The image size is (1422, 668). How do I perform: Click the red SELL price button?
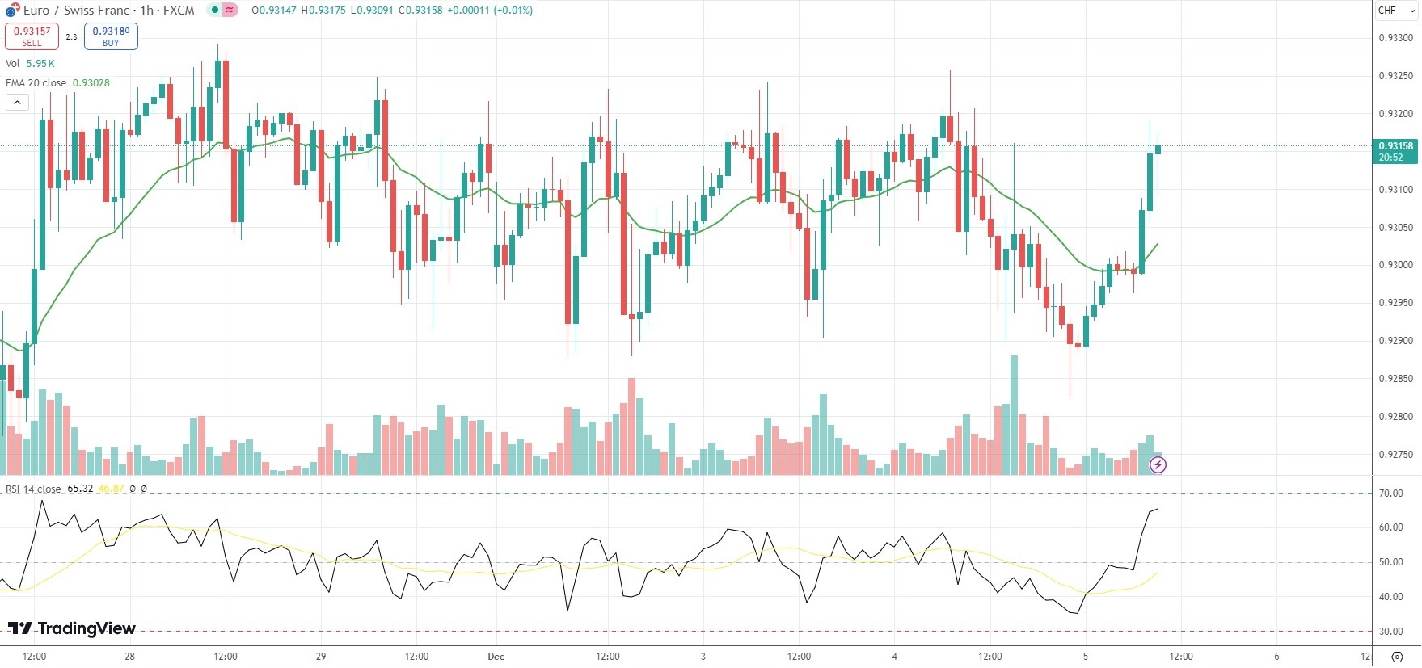pos(32,36)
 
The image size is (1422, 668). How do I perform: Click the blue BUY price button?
pos(111,36)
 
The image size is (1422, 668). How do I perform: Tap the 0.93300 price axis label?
pos(1395,38)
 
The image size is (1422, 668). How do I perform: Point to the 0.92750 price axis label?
pos(1395,455)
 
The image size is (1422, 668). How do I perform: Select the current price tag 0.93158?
pos(1395,146)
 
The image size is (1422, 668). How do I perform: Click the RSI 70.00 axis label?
pos(1390,494)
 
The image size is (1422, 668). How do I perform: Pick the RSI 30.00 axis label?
pos(1390,632)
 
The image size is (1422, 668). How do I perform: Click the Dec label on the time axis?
pos(496,657)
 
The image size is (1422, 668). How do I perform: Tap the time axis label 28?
pos(129,657)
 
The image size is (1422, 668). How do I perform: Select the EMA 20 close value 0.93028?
pos(91,83)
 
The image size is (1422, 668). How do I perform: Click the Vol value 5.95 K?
pos(40,64)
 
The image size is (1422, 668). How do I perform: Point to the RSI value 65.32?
pos(80,489)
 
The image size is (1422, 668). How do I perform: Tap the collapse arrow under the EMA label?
pos(17,102)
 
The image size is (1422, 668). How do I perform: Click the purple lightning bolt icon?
pos(1158,464)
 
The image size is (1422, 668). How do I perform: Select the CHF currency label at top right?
pos(1387,11)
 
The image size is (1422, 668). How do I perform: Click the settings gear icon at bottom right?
pos(1397,656)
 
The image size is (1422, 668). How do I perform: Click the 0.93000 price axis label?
pos(1395,265)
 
